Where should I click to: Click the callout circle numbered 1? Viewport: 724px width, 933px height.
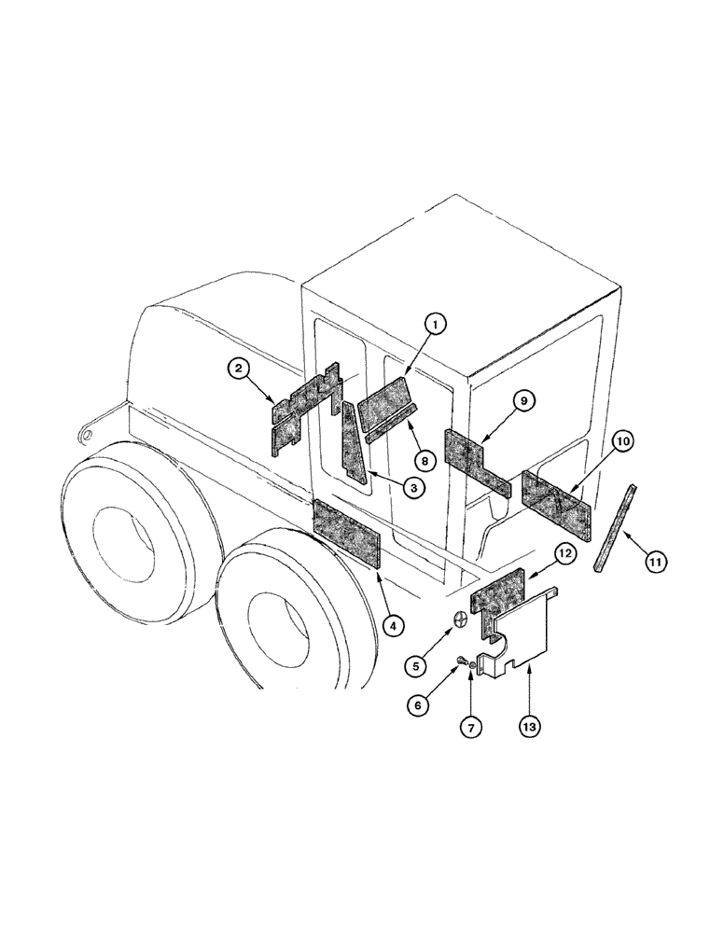tap(434, 324)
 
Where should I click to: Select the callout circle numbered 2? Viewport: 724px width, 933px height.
tap(241, 369)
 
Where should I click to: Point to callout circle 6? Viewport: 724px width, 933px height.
tap(418, 705)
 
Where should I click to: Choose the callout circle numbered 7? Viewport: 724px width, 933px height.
tap(471, 725)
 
